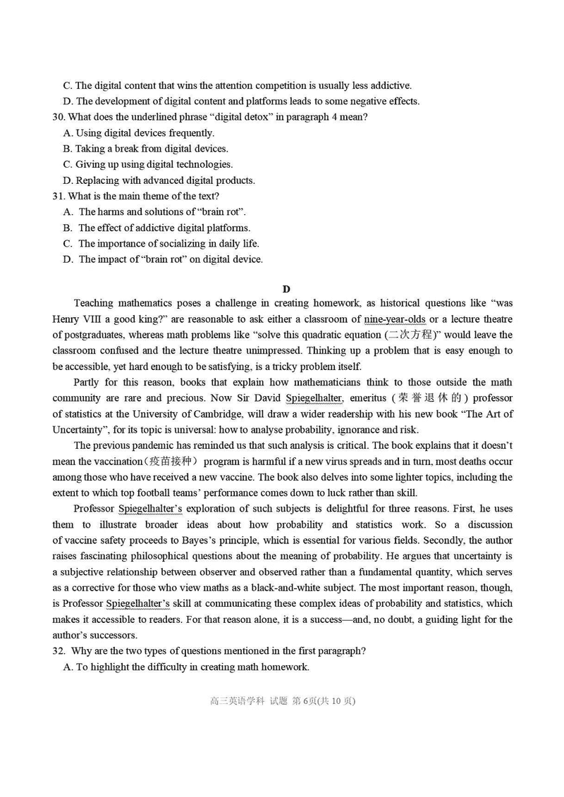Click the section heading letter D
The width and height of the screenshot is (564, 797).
pos(286,289)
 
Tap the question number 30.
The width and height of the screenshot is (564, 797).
pos(59,117)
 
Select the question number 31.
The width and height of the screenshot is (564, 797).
pos(59,196)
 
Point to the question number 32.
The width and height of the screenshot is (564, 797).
pos(59,652)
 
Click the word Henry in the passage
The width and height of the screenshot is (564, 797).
pos(68,319)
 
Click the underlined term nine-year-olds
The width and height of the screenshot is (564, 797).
pos(395,319)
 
